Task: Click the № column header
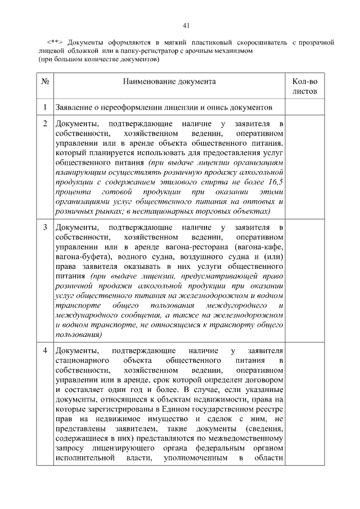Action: (44, 82)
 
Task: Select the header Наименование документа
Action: (169, 82)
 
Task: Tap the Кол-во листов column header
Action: (305, 86)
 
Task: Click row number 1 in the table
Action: (44, 106)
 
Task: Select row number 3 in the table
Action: (44, 227)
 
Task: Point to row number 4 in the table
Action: (44, 351)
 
